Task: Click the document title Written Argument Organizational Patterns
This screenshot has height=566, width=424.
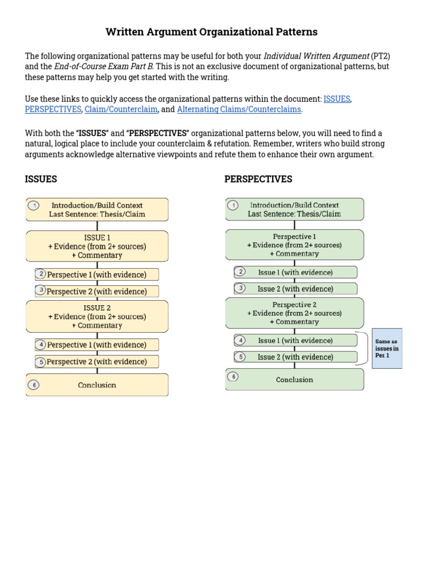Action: (x=211, y=32)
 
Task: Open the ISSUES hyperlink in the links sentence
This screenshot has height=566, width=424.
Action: (x=337, y=99)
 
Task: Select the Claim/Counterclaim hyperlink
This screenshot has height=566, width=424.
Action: (x=121, y=109)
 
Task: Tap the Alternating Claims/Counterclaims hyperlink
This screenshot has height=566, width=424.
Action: (x=239, y=109)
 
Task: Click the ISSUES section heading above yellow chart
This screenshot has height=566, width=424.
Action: (x=41, y=179)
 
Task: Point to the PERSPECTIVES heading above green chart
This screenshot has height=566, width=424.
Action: (x=258, y=179)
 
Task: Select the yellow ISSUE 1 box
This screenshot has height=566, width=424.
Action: (x=97, y=247)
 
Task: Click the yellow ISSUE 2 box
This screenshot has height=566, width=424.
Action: (x=97, y=317)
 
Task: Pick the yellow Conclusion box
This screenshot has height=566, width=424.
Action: (x=97, y=385)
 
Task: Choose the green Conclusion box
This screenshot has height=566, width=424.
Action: (x=294, y=380)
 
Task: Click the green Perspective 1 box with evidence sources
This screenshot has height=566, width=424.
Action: (x=294, y=245)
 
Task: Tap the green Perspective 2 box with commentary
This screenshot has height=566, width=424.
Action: (x=294, y=313)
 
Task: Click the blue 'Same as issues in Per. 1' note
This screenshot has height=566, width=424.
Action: (x=387, y=348)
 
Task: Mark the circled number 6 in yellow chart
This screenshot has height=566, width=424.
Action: (x=33, y=385)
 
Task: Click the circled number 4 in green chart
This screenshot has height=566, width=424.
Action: (x=240, y=340)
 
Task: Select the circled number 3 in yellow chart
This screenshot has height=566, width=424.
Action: (x=41, y=290)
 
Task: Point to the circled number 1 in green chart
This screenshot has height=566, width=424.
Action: (x=234, y=206)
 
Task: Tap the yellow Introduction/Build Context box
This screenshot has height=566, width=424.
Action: (x=97, y=209)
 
